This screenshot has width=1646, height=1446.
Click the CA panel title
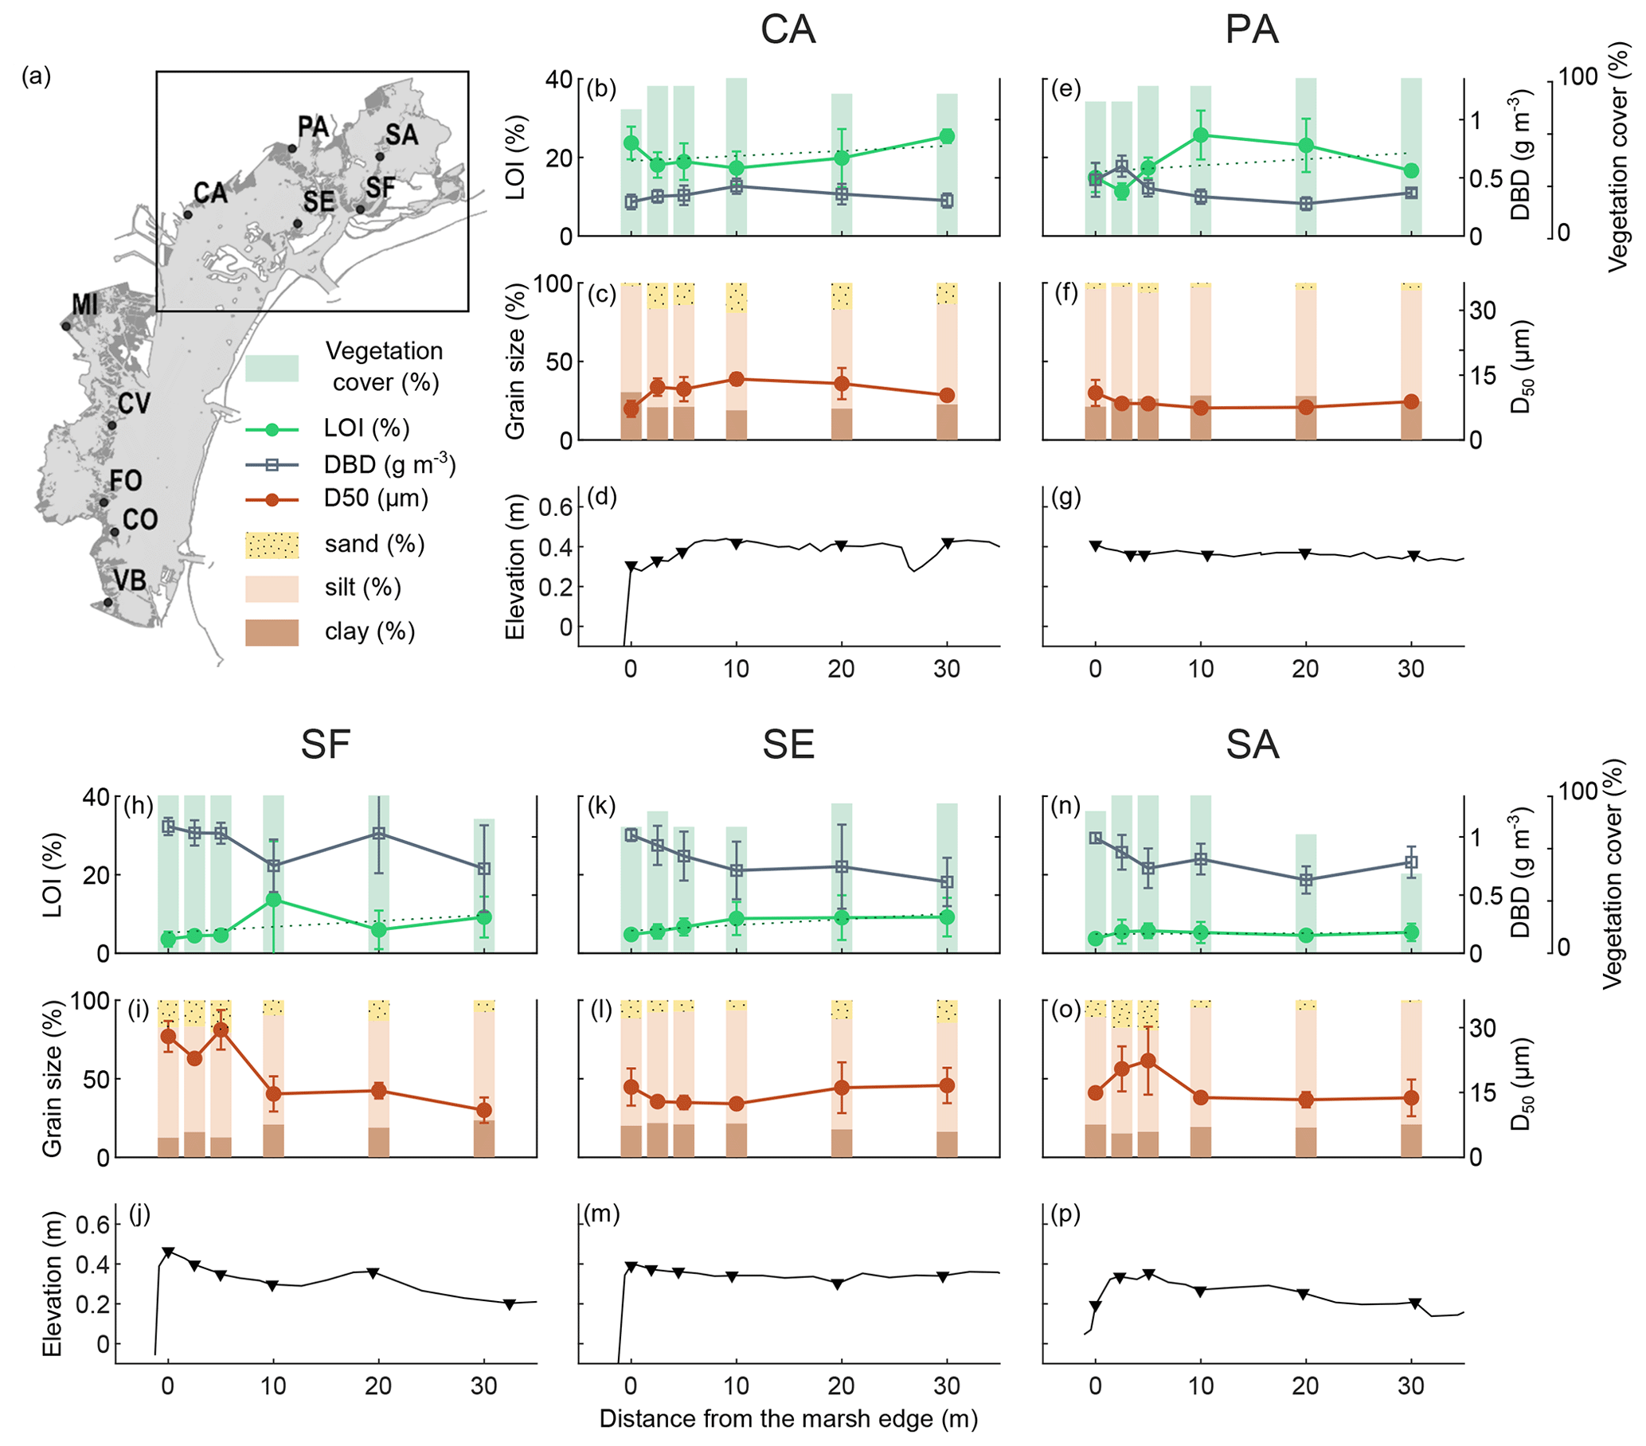(x=788, y=30)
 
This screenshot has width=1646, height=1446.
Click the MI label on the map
(x=84, y=304)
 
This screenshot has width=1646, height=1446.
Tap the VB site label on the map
(x=130, y=580)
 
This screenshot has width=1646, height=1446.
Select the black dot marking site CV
(x=112, y=425)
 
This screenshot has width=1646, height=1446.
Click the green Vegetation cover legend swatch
(x=272, y=368)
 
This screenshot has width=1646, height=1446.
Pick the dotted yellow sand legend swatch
(x=272, y=545)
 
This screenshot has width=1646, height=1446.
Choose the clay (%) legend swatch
(x=272, y=632)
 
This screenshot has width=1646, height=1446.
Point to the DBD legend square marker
(x=272, y=464)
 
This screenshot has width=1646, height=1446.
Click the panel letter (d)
(x=601, y=497)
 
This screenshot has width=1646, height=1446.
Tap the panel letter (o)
(x=1066, y=1010)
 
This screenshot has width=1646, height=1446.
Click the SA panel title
(x=1252, y=744)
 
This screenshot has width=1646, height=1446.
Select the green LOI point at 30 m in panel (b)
(x=947, y=136)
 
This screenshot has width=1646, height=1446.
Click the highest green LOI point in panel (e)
(x=1201, y=135)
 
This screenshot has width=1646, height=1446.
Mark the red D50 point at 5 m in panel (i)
(x=221, y=1030)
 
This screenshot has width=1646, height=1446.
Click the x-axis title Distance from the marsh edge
(x=788, y=1418)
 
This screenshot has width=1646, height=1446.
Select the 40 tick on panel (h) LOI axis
(x=96, y=796)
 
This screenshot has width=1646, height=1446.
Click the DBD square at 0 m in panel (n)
(x=1095, y=838)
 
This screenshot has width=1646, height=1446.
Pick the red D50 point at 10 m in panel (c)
(x=736, y=379)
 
